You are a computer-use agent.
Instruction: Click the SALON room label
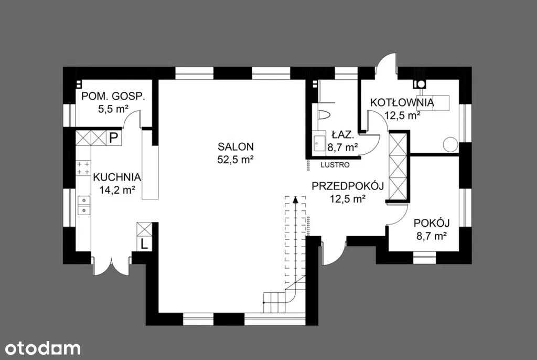pyautogui.click(x=235, y=147)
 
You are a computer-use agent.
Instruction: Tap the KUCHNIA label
pyautogui.click(x=117, y=177)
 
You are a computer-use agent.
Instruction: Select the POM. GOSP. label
pyautogui.click(x=113, y=97)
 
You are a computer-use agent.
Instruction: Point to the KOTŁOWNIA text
pyautogui.click(x=402, y=102)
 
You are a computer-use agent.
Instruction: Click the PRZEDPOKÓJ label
pyautogui.click(x=348, y=186)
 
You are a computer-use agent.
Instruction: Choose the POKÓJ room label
pyautogui.click(x=432, y=223)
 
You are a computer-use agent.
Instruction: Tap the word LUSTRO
pyautogui.click(x=335, y=165)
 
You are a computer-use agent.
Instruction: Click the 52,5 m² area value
pyautogui.click(x=235, y=160)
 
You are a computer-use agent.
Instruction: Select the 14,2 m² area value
pyautogui.click(x=117, y=190)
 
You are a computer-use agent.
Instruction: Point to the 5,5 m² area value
pyautogui.click(x=113, y=109)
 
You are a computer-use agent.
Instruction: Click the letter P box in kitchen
pyautogui.click(x=114, y=138)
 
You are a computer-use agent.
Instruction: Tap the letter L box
pyautogui.click(x=144, y=244)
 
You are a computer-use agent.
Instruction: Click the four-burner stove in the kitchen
pyautogui.click(x=83, y=168)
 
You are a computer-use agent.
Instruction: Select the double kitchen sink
pyautogui.click(x=83, y=205)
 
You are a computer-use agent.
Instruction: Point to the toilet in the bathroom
pyautogui.click(x=323, y=114)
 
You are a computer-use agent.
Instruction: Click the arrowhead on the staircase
pyautogui.click(x=295, y=199)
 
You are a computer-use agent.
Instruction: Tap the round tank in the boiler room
pyautogui.click(x=450, y=144)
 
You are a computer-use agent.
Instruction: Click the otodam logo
pyautogui.click(x=43, y=348)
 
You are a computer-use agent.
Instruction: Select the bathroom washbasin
pyautogui.click(x=319, y=142)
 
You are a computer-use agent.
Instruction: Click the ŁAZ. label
pyautogui.click(x=342, y=135)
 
